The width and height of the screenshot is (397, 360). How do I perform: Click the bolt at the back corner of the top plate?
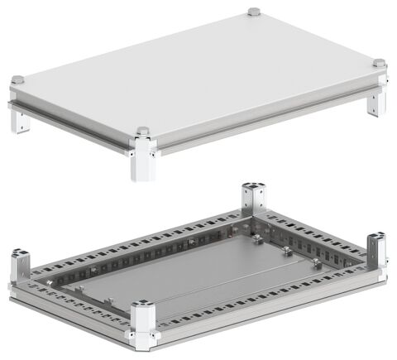(x=253, y=12)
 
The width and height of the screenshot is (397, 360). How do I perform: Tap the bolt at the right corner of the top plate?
(x=379, y=63)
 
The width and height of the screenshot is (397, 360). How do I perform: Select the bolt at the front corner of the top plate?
(x=142, y=132)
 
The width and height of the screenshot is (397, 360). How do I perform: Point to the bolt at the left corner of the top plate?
(x=17, y=80)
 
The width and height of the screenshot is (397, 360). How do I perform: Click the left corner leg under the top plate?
(x=20, y=120)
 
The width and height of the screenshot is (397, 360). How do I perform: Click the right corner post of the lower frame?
(x=376, y=249)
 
